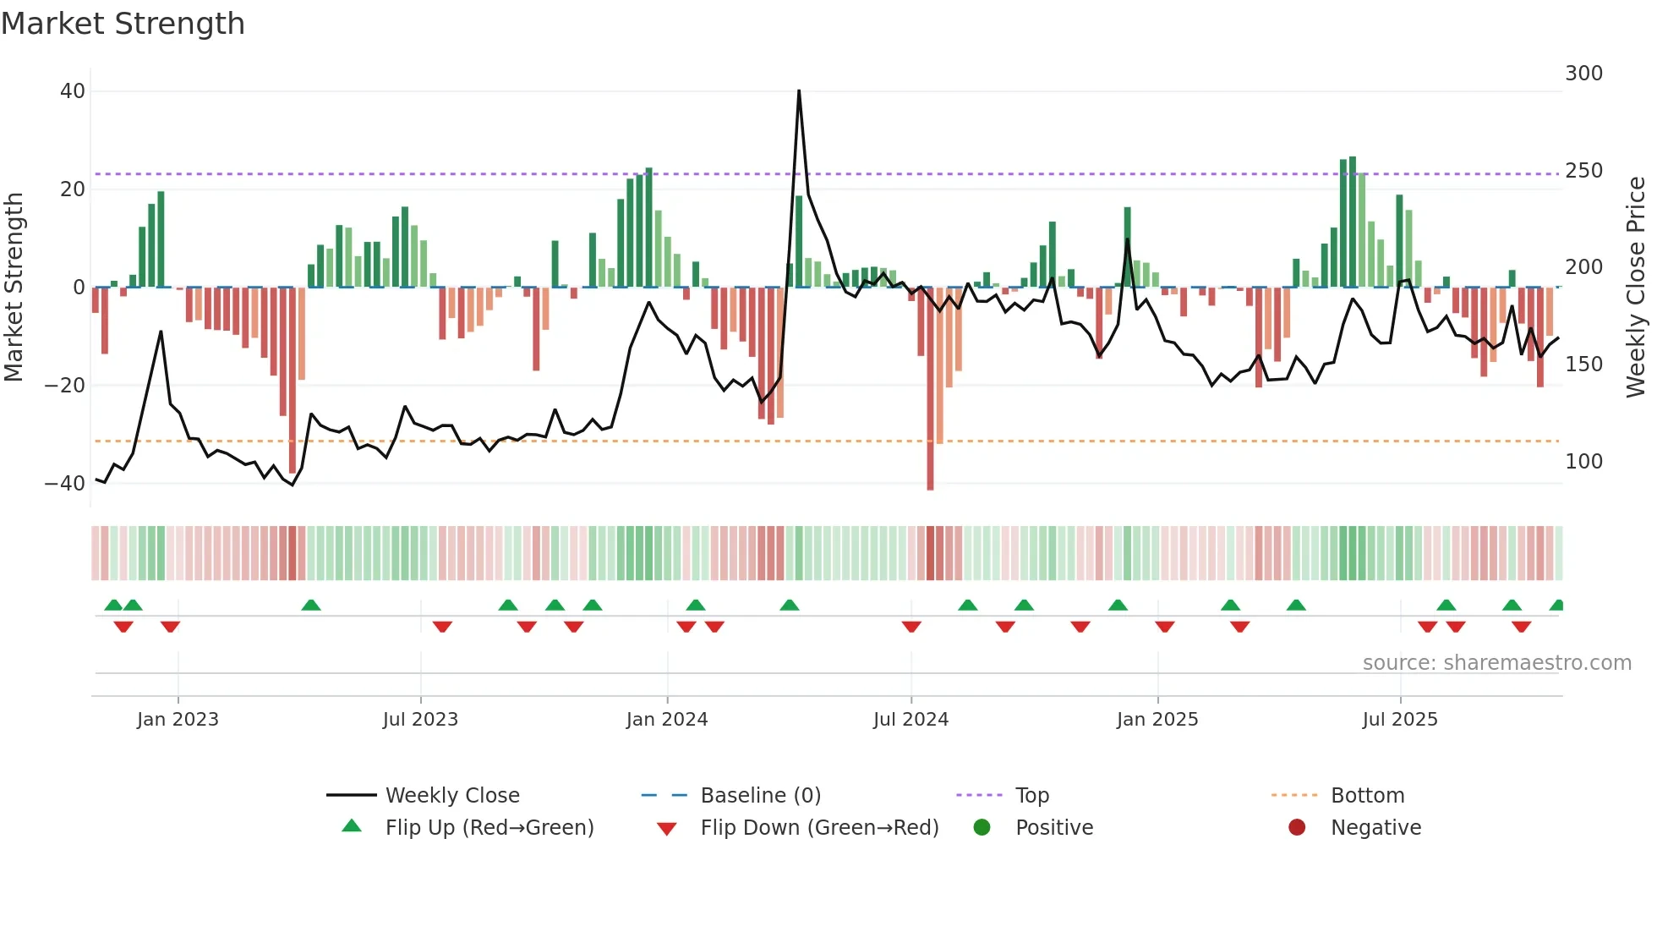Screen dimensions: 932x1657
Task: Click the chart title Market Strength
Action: pyautogui.click(x=123, y=24)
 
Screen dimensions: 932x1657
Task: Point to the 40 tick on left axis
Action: pyautogui.click(x=73, y=91)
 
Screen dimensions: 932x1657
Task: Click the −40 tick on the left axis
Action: pyautogui.click(x=65, y=484)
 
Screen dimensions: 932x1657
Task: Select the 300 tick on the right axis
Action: pyautogui.click(x=1583, y=74)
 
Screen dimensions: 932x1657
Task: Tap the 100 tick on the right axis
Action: pyautogui.click(x=1583, y=462)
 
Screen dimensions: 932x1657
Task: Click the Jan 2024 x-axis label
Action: pyautogui.click(x=666, y=720)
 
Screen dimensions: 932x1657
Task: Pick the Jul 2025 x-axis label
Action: pyautogui.click(x=1399, y=720)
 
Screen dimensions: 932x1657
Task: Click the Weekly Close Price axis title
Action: pyautogui.click(x=1636, y=288)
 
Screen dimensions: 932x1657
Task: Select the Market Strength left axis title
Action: pyautogui.click(x=14, y=288)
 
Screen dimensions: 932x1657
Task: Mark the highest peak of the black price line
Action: pyautogui.click(x=799, y=90)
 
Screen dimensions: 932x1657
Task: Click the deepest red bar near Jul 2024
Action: pyautogui.click(x=930, y=389)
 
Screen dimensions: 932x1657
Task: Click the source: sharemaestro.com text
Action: pyautogui.click(x=1496, y=663)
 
